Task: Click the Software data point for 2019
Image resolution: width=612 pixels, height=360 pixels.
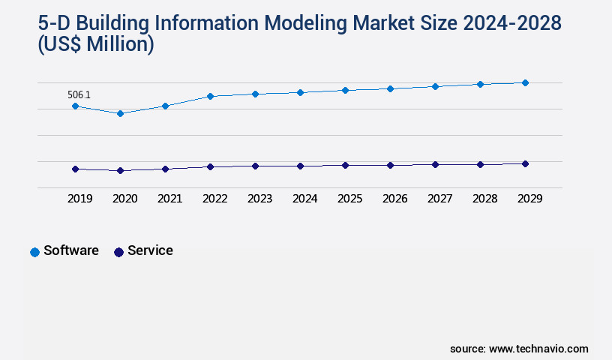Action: pyautogui.click(x=75, y=106)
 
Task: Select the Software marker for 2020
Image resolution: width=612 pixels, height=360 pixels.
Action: pyautogui.click(x=120, y=113)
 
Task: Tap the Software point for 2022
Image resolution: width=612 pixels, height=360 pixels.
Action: pyautogui.click(x=210, y=96)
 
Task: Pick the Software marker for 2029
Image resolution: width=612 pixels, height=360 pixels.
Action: pyautogui.click(x=525, y=82)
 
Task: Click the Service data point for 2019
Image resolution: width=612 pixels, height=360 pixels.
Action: pyautogui.click(x=75, y=169)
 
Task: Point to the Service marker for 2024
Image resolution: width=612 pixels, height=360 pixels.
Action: pyautogui.click(x=300, y=166)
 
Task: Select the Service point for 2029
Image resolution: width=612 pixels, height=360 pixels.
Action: pyautogui.click(x=525, y=163)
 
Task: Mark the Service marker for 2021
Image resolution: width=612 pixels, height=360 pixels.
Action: pyautogui.click(x=165, y=169)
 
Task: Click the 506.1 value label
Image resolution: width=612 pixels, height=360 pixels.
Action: pyautogui.click(x=79, y=94)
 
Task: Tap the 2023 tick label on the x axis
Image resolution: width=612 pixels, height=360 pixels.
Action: pyautogui.click(x=259, y=199)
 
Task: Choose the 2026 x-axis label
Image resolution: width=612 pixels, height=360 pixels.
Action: pyautogui.click(x=394, y=199)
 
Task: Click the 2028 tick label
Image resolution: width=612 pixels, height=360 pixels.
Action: pyautogui.click(x=484, y=199)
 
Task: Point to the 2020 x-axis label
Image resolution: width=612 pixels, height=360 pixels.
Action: pyautogui.click(x=124, y=199)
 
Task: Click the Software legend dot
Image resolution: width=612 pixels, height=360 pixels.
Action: pyautogui.click(x=34, y=252)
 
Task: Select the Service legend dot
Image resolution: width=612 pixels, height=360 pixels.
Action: pyautogui.click(x=118, y=252)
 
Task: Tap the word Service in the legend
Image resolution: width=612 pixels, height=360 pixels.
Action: pyautogui.click(x=150, y=250)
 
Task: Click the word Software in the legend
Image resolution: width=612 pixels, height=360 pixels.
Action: pyautogui.click(x=71, y=250)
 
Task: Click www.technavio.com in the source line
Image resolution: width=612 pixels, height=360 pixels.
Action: pyautogui.click(x=538, y=349)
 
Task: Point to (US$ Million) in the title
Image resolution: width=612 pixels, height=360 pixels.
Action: pyautogui.click(x=96, y=44)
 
